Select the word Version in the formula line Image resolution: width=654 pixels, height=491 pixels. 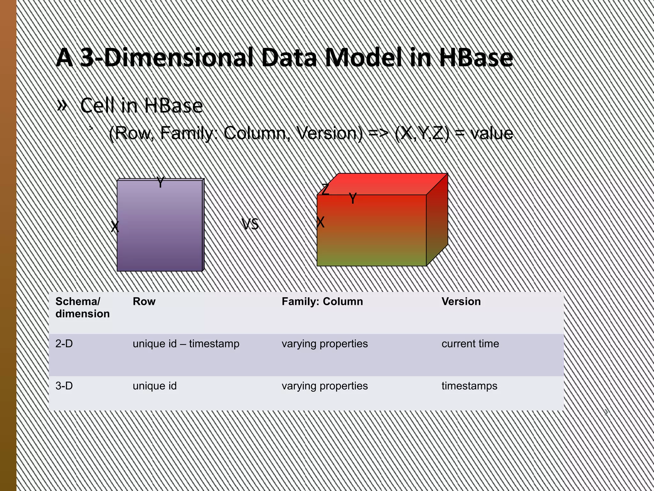[329, 133]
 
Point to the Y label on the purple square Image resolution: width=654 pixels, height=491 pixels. [160, 183]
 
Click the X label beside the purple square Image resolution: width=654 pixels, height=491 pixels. [115, 227]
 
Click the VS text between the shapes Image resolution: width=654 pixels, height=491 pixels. [250, 224]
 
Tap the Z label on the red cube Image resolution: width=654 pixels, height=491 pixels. [325, 189]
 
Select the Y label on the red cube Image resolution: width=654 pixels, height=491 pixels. [352, 199]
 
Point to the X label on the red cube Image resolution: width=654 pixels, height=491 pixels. [320, 222]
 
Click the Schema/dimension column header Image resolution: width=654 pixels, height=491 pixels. [82, 307]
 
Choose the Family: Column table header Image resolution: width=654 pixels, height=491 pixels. [322, 301]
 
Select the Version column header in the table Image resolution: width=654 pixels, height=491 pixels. [461, 301]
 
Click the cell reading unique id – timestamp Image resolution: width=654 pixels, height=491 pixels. [186, 344]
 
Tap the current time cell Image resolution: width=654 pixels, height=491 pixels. [470, 344]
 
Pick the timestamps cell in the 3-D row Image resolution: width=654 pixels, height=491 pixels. [469, 386]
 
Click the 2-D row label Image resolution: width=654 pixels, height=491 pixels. [64, 344]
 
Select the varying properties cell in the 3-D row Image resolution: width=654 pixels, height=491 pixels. [324, 386]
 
